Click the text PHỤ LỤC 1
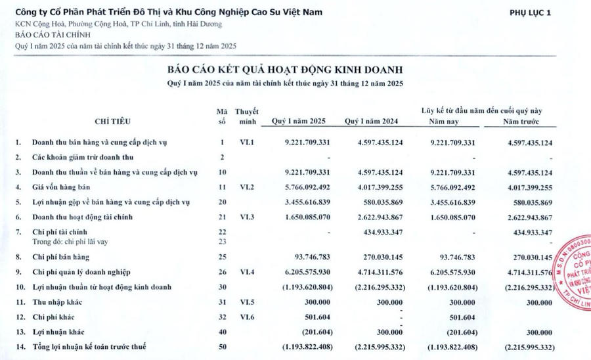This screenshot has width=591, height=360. point(531,12)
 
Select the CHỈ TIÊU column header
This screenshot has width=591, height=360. point(113,122)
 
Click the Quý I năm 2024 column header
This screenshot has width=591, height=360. point(372,122)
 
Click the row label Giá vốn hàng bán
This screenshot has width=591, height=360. point(63,187)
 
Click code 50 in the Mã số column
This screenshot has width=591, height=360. point(223,346)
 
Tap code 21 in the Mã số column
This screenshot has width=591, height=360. point(223,216)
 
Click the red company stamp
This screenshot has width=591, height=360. point(573,269)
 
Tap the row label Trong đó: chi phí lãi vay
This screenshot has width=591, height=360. point(72,242)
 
